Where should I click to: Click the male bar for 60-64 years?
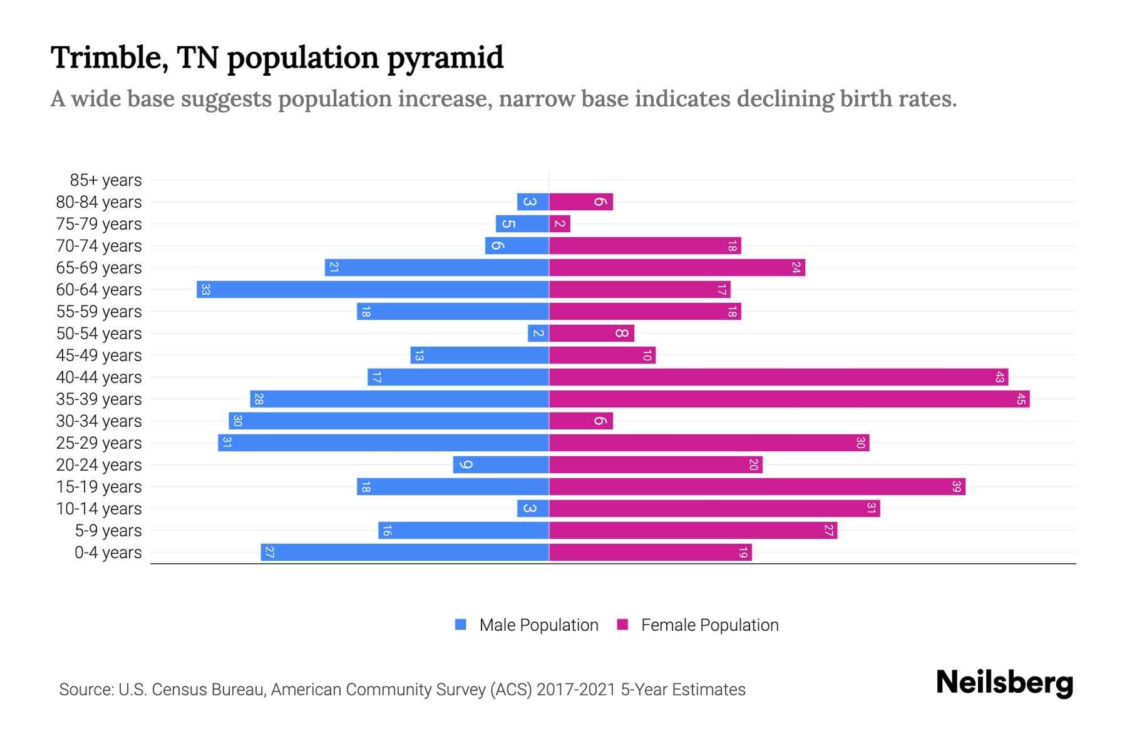[x=373, y=289]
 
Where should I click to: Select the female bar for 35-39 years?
[x=789, y=399]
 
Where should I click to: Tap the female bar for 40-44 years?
[x=778, y=377]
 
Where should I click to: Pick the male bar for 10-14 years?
[x=533, y=508]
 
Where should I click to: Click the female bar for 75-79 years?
[x=560, y=223]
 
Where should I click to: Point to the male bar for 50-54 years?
[x=538, y=333]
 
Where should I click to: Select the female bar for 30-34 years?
[x=581, y=421]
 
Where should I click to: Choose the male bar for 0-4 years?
[x=405, y=552]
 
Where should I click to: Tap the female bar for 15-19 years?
[x=757, y=486]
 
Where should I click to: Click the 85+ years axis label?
[x=106, y=180]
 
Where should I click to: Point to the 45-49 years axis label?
[x=99, y=355]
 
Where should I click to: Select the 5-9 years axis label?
[x=108, y=531]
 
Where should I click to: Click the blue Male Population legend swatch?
[x=461, y=625]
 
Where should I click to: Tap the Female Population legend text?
[x=709, y=625]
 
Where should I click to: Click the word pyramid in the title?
[x=445, y=58]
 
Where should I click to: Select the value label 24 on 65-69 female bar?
[x=796, y=267]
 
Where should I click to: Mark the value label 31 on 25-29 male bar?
[x=227, y=442]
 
